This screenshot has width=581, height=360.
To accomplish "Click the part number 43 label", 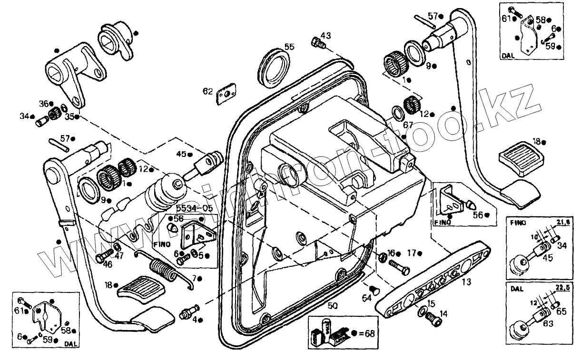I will click(x=325, y=35).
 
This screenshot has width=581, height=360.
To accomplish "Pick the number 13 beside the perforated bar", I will click(x=466, y=282).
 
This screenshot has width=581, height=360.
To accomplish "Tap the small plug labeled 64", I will click(x=373, y=289).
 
